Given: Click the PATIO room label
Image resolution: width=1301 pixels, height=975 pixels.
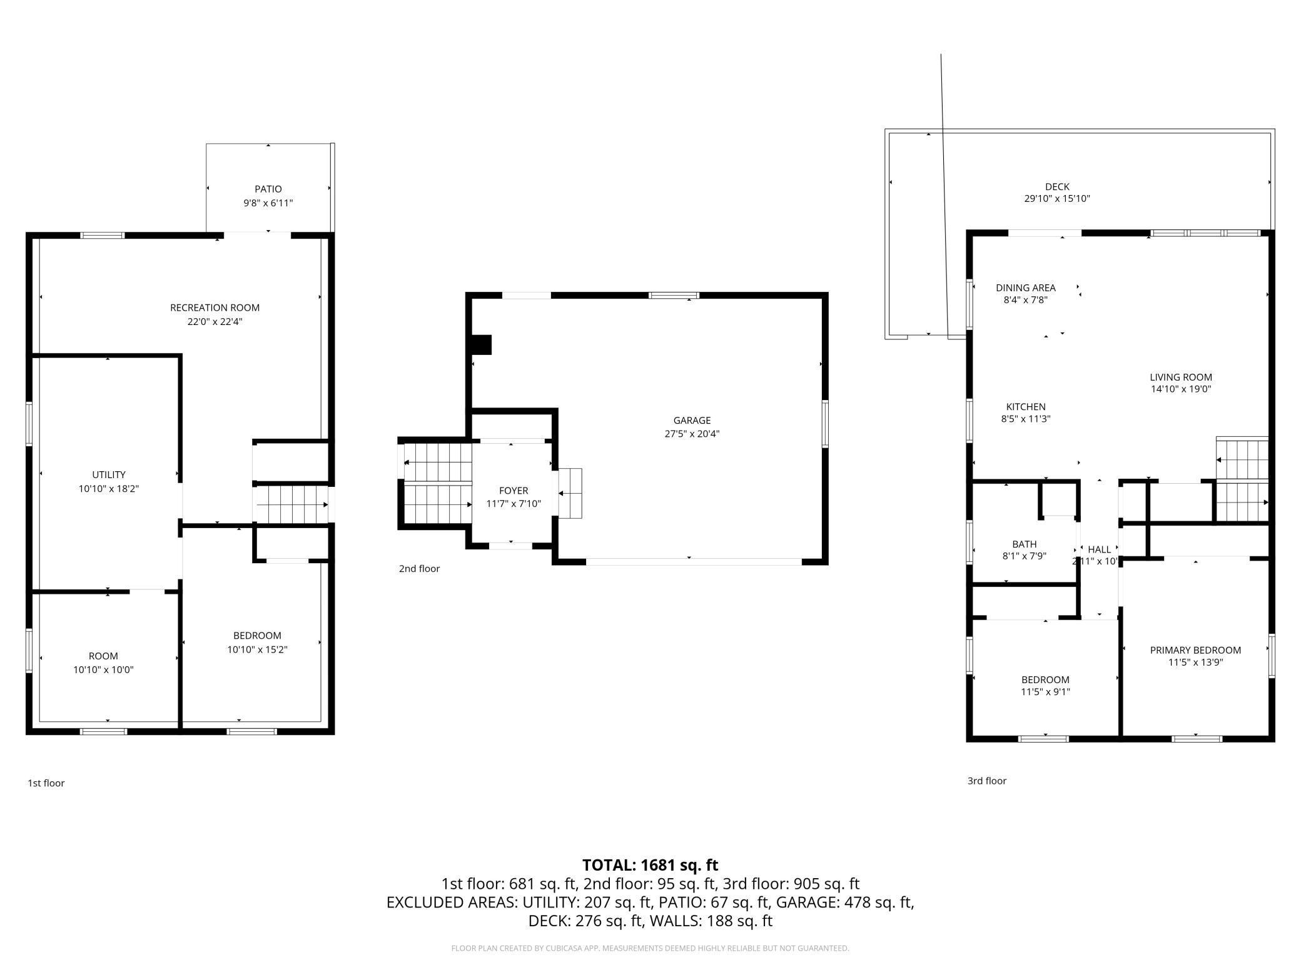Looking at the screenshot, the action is [268, 189].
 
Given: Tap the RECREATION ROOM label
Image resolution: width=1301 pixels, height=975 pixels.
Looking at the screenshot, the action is [215, 307].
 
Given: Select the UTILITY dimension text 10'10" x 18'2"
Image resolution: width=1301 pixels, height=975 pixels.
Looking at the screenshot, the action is [109, 489].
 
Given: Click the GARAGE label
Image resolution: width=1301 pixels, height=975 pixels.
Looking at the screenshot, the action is [692, 421].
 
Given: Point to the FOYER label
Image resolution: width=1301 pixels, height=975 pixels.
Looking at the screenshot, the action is [514, 491].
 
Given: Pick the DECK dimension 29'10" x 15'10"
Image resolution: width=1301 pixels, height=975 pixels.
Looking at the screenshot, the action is [1057, 199].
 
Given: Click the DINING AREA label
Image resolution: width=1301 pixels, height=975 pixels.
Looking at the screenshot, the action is [1026, 288].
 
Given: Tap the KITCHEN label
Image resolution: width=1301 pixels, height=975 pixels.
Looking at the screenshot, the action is [1026, 407].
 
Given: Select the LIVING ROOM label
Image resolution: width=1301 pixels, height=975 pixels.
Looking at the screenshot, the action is [1181, 377].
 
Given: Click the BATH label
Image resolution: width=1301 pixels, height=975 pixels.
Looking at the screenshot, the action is [1025, 544].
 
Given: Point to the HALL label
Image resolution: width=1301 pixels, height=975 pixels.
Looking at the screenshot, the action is [1099, 549].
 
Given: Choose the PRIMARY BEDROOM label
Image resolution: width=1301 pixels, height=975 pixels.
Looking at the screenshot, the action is [1195, 650].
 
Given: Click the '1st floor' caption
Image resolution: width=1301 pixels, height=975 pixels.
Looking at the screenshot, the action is [46, 783].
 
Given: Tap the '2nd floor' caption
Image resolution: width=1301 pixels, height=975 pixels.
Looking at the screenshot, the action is [419, 569].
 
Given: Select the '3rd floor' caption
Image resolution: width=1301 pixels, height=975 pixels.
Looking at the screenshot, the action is [987, 781].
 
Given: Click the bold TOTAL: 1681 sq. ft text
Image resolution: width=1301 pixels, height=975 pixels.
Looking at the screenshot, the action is [650, 865].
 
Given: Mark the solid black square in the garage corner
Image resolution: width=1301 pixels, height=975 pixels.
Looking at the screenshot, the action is [481, 345].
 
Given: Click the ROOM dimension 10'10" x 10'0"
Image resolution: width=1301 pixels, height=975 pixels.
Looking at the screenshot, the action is [103, 670].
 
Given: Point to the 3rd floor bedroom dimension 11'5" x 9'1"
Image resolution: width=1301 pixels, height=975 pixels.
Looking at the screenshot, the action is [1045, 692].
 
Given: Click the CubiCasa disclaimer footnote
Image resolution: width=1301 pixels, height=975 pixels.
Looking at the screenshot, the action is [650, 948].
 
